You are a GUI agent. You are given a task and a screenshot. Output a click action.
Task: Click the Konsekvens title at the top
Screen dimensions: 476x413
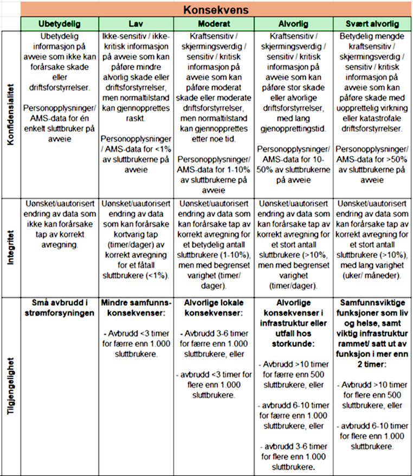(x=216, y=10)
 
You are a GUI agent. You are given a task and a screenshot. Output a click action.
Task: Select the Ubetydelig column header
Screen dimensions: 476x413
(x=59, y=24)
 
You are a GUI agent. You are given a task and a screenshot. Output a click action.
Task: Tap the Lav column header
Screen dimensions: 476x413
(x=135, y=24)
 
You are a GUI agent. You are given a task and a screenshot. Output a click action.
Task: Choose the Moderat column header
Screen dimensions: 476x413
(x=214, y=24)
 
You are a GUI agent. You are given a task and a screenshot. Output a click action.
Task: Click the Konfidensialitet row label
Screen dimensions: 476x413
(x=10, y=114)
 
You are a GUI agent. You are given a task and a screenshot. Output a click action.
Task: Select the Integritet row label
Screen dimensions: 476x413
(x=10, y=247)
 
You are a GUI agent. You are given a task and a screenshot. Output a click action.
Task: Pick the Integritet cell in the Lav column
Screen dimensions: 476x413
(x=135, y=239)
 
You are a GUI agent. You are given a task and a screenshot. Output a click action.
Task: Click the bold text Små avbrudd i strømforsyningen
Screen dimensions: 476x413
(x=59, y=307)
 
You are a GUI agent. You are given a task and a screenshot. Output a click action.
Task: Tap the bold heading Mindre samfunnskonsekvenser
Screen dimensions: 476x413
(x=136, y=307)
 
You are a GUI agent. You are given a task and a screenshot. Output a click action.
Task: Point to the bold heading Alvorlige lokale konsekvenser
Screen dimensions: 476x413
(x=214, y=307)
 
